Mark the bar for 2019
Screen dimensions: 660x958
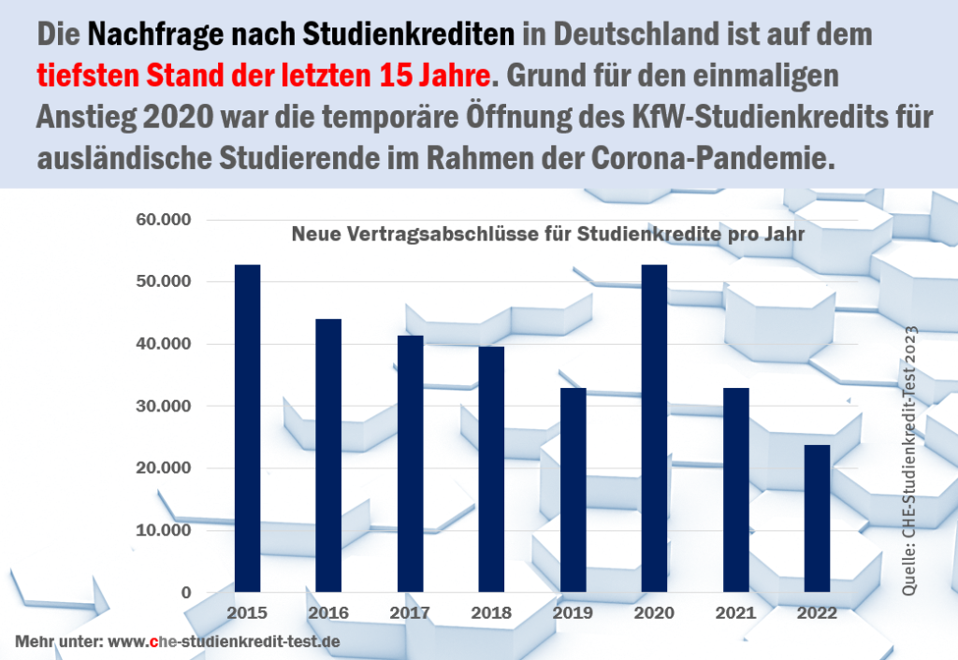tap(573, 490)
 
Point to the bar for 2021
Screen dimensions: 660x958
tap(735, 490)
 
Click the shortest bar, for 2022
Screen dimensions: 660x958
tap(817, 518)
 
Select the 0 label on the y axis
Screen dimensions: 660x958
tap(187, 593)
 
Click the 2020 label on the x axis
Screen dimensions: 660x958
tap(654, 613)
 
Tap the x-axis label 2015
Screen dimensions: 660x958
tap(247, 613)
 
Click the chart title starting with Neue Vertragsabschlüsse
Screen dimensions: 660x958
tap(547, 234)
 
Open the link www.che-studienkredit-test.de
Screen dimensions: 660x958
tap(224, 642)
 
